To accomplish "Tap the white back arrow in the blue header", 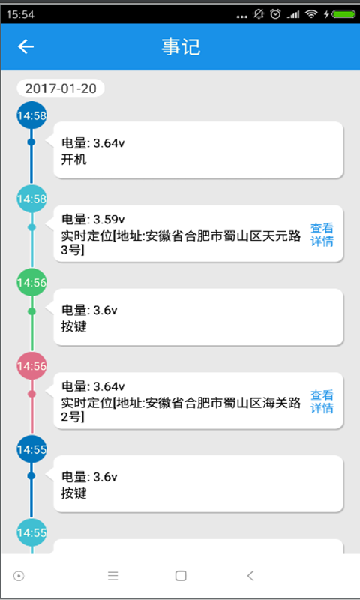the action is pyautogui.click(x=25, y=46).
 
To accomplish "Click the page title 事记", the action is pyautogui.click(x=181, y=47).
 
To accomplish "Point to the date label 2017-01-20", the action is pyautogui.click(x=61, y=88).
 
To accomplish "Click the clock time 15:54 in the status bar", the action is pyautogui.click(x=20, y=14).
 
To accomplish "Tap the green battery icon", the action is pyautogui.click(x=344, y=14).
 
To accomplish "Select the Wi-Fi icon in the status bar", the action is pyautogui.click(x=311, y=14).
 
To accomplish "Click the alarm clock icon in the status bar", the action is pyautogui.click(x=275, y=14).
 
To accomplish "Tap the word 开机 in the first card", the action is pyautogui.click(x=73, y=160).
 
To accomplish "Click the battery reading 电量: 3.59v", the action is pyautogui.click(x=93, y=220).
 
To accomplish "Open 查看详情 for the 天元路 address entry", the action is pyautogui.click(x=322, y=235).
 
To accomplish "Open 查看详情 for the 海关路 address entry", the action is pyautogui.click(x=322, y=401).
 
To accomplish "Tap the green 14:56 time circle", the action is pyautogui.click(x=31, y=283).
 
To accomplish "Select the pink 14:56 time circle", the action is pyautogui.click(x=31, y=366).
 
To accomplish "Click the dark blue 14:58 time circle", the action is pyautogui.click(x=31, y=115).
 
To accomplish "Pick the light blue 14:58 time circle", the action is pyautogui.click(x=31, y=199).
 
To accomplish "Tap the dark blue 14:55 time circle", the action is pyautogui.click(x=31, y=449).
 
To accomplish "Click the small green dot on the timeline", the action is pyautogui.click(x=31, y=311).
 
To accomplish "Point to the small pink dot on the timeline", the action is pyautogui.click(x=31, y=394).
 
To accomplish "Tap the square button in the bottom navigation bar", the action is pyautogui.click(x=181, y=576).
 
